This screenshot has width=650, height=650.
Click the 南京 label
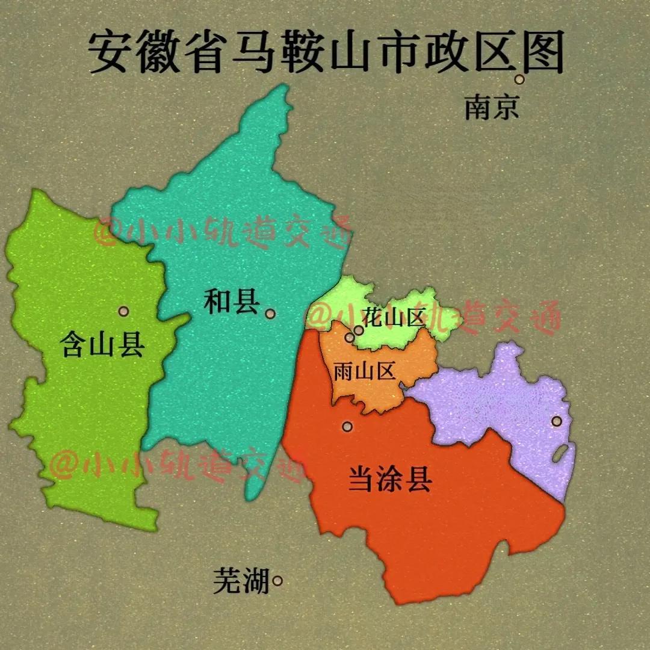491,108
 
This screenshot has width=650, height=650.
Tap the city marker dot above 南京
519,79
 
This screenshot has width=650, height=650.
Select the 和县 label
231,302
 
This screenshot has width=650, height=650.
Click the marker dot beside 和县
270,314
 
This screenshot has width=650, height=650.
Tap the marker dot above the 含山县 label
123,311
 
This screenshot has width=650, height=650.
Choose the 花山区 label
394,317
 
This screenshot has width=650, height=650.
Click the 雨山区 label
365,371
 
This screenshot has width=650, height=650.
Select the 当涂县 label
390,480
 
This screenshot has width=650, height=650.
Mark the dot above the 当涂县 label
347,427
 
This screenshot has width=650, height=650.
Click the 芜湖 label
241,581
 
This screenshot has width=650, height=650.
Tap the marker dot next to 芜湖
277,581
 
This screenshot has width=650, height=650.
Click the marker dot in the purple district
557,421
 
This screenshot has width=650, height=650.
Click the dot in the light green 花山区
359,330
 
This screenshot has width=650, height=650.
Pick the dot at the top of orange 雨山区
350,338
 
